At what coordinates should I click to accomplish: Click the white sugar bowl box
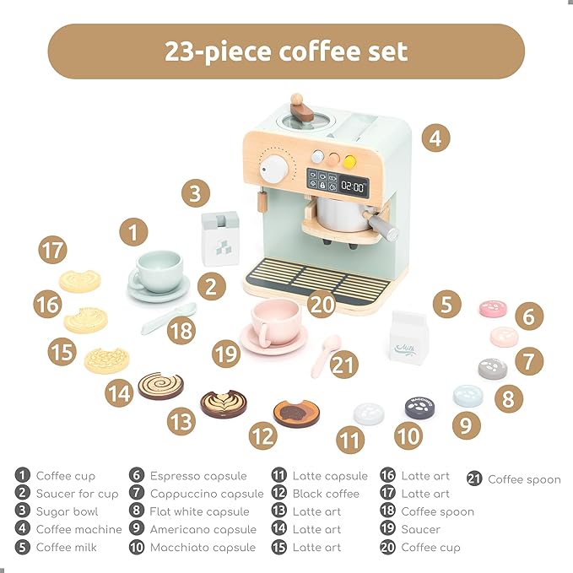coord(219,240)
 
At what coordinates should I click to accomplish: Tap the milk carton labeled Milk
coord(408,340)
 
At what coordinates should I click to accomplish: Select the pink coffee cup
coord(274,322)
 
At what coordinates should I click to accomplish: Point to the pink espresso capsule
coord(492,309)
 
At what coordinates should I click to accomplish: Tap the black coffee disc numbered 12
coord(295,413)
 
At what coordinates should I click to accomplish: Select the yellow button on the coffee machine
coord(349,158)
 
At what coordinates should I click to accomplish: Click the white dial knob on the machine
coord(273,170)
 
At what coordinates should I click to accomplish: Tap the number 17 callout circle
coord(52,251)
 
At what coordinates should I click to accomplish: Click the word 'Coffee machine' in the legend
coord(78,529)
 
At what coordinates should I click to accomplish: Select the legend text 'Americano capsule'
coord(203,529)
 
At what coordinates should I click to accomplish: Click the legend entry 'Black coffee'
coord(326,494)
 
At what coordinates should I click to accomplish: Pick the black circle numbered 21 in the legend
coord(475,479)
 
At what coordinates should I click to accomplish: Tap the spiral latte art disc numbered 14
coord(160,386)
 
